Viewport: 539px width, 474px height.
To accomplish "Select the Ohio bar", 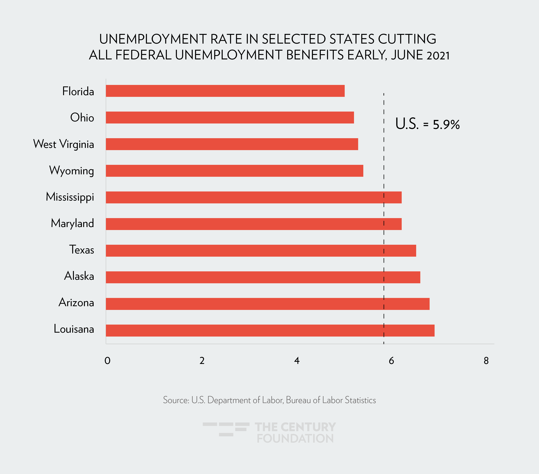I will coord(230,118).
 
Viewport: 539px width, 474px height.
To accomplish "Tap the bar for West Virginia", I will coord(232,144).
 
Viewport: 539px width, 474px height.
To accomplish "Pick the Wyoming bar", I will coord(235,171).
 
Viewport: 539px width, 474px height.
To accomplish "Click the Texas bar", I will coord(261,251).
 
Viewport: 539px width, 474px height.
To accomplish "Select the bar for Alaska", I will coord(263,277).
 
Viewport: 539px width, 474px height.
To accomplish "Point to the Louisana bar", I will coord(270,330).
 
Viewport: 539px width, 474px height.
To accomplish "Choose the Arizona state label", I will coord(76,303).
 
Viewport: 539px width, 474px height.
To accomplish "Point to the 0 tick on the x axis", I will coord(107,361).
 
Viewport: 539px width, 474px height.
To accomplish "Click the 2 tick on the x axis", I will coord(202,361).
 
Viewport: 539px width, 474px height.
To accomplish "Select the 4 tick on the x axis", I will coord(297,361).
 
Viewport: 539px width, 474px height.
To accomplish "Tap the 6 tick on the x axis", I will coord(391,361).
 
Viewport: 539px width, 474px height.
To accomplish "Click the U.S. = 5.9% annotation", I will coord(427,124).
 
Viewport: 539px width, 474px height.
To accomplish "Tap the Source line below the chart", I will coord(269,400).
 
